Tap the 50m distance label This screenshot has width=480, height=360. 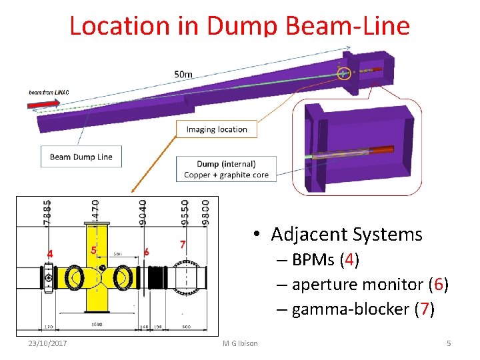pos(184,74)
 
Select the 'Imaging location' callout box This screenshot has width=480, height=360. pos(217,129)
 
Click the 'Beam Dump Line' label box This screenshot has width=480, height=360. pos(81,157)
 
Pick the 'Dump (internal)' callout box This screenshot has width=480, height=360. pos(226,169)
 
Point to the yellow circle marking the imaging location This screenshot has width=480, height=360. pos(344,73)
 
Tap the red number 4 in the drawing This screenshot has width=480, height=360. pos(49,253)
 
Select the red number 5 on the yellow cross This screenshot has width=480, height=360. pos(94,249)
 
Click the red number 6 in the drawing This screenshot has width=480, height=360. pos(146,251)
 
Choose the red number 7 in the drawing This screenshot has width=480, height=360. pos(182,245)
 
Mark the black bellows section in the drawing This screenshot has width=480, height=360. pos(158,275)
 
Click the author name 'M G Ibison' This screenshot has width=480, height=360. pos(240,343)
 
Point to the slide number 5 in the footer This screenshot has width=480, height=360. pos(449,343)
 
